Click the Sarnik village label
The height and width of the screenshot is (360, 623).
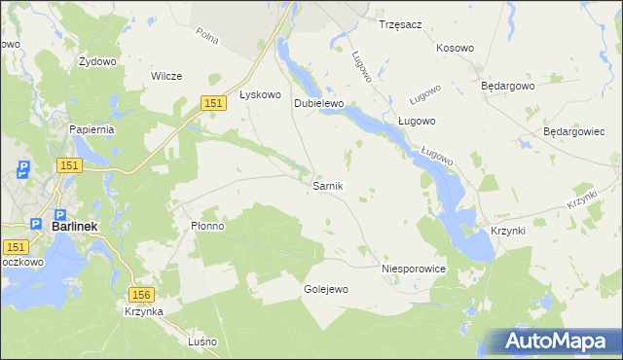(327, 185)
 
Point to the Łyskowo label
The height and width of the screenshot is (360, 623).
(260, 95)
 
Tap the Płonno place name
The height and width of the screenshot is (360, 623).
(207, 226)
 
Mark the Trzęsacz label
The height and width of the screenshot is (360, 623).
(400, 24)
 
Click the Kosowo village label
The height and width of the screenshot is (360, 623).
(455, 48)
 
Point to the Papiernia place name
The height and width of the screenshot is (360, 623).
(92, 128)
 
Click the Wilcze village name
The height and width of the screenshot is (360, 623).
(166, 76)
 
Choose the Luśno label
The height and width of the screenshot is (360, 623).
(202, 342)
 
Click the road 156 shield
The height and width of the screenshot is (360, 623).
(142, 294)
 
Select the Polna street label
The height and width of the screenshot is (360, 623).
(205, 36)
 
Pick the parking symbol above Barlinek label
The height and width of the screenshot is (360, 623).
(59, 214)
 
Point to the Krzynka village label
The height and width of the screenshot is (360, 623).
(143, 311)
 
